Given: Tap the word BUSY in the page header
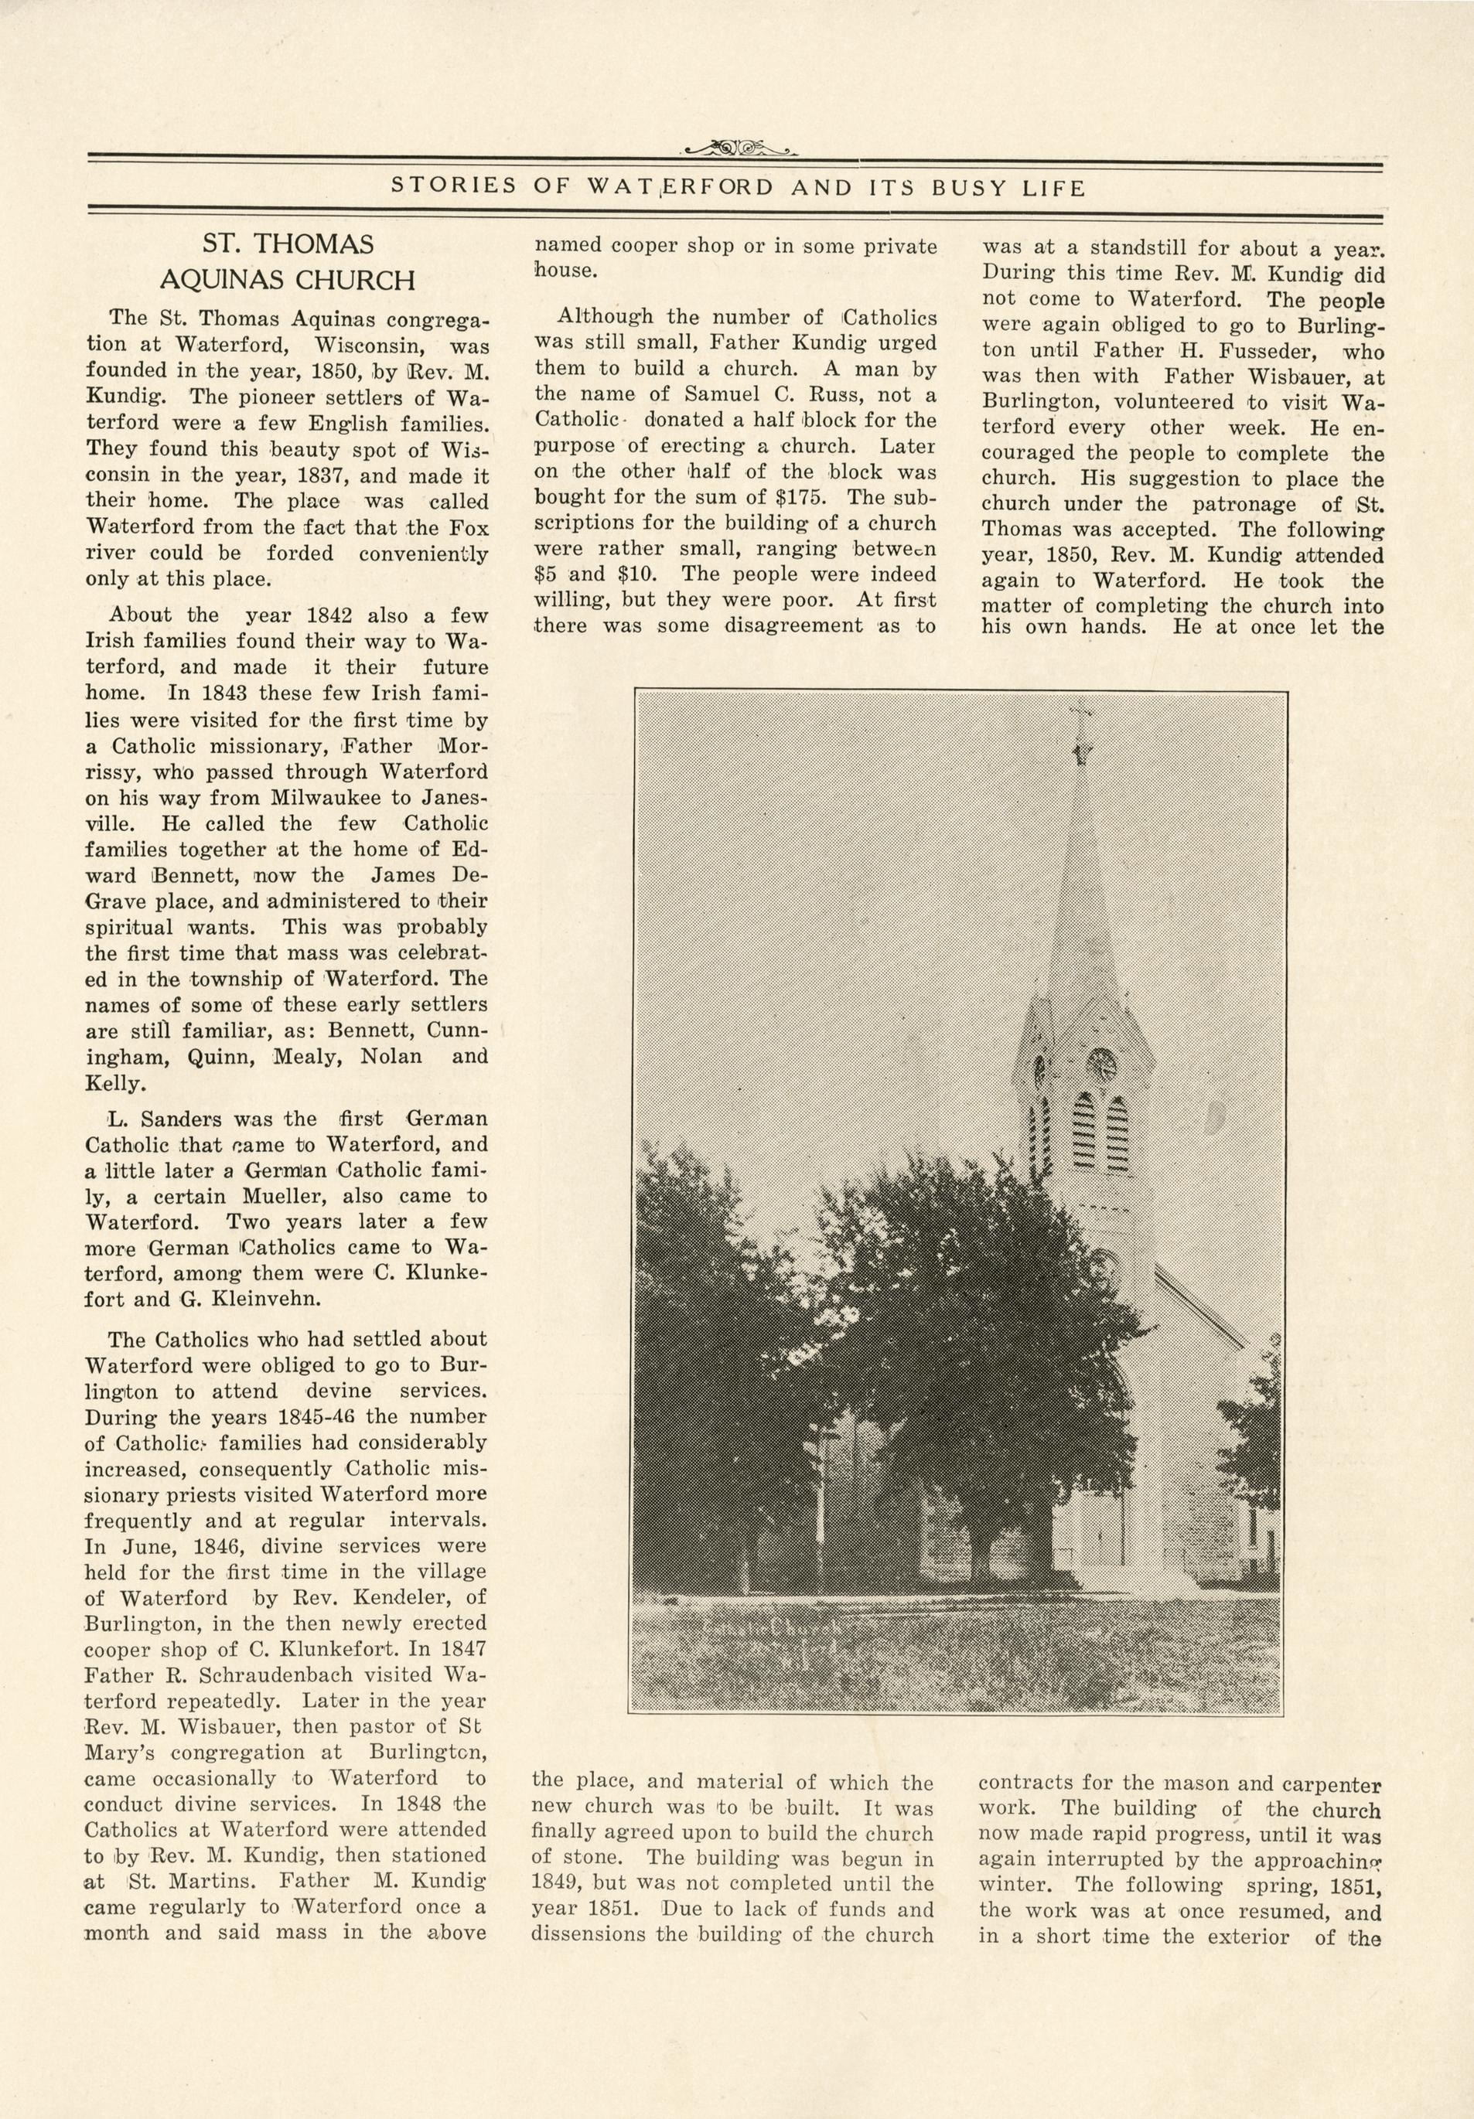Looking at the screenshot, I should point(963,187).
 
